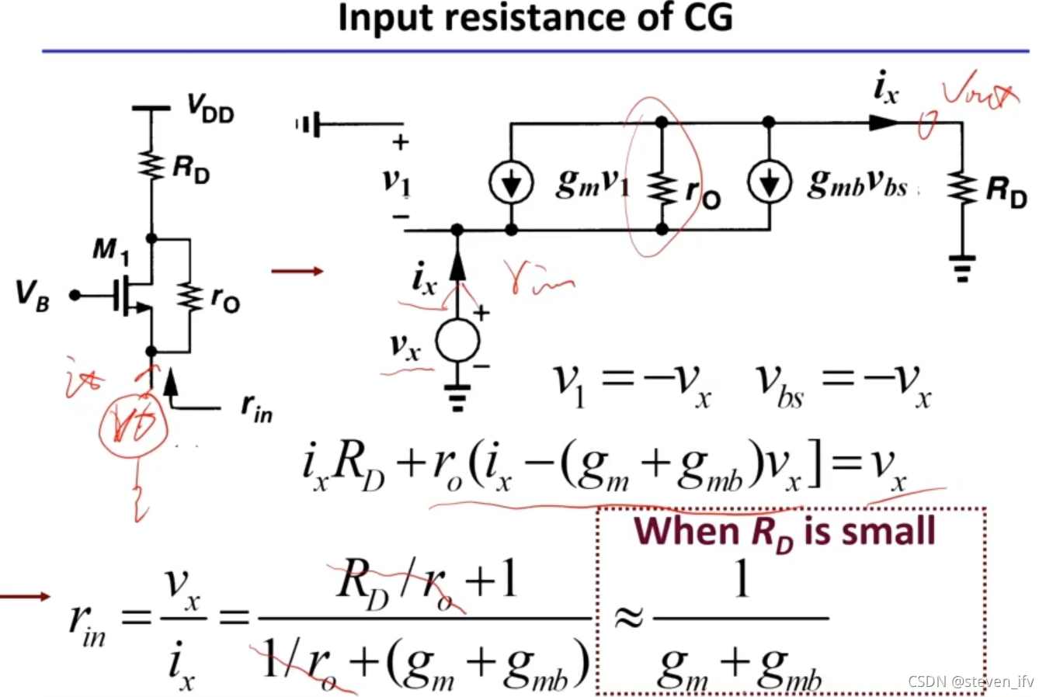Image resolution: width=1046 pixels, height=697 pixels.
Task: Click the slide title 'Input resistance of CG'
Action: point(535,17)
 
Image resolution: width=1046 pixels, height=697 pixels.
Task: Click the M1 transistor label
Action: point(111,250)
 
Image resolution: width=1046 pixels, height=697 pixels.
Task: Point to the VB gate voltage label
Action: point(33,296)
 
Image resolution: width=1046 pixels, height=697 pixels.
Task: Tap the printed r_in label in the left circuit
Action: point(256,407)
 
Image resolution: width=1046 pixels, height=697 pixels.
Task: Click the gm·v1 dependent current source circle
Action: point(511,183)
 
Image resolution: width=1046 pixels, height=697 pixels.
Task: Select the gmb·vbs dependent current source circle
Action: point(769,182)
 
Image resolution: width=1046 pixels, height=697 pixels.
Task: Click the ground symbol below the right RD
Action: point(963,268)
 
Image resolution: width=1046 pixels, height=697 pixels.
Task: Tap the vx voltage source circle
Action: point(457,342)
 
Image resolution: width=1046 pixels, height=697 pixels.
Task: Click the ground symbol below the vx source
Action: point(457,396)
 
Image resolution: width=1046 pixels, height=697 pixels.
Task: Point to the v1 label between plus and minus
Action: point(396,181)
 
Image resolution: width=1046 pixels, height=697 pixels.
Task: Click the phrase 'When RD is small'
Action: point(784,532)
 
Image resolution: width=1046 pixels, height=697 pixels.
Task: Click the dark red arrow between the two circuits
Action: point(297,271)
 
